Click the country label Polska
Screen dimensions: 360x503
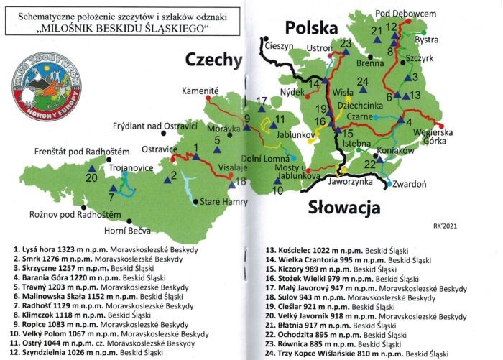(x=311, y=28)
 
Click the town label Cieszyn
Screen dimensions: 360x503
(x=281, y=45)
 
